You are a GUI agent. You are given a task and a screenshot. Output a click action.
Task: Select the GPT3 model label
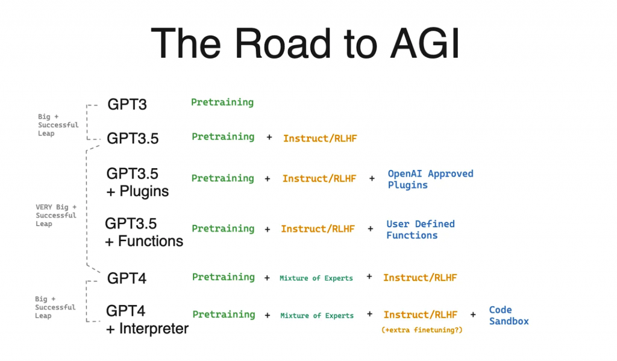click(127, 104)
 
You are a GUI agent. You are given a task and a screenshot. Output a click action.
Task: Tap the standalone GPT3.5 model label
click(133, 139)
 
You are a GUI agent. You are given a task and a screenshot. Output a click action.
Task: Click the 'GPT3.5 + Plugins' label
click(137, 183)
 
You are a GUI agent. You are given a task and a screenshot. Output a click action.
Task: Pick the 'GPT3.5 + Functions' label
click(144, 233)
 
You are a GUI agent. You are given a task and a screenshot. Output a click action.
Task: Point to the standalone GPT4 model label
click(127, 278)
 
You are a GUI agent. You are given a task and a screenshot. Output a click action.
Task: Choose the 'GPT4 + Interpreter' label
click(147, 320)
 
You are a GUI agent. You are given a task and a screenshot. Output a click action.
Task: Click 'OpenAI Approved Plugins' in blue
click(430, 179)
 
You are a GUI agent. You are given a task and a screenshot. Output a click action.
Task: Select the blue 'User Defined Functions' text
click(420, 230)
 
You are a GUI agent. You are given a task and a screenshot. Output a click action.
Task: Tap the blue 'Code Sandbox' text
click(509, 315)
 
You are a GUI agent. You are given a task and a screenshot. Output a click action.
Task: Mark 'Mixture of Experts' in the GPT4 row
click(316, 278)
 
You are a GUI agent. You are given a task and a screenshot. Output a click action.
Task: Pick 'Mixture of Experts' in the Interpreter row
click(317, 315)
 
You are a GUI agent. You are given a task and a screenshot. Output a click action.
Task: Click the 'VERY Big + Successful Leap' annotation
click(56, 215)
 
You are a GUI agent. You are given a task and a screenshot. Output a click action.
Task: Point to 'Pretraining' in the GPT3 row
click(222, 102)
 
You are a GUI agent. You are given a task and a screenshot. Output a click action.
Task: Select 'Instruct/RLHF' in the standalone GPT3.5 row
click(320, 138)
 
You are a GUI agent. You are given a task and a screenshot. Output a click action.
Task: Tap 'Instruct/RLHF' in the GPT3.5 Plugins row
click(319, 178)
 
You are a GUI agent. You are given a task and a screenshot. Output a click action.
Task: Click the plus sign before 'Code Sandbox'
click(473, 314)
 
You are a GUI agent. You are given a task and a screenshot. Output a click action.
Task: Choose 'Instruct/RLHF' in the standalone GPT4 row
click(420, 277)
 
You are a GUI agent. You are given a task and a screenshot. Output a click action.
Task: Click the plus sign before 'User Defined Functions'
click(371, 229)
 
